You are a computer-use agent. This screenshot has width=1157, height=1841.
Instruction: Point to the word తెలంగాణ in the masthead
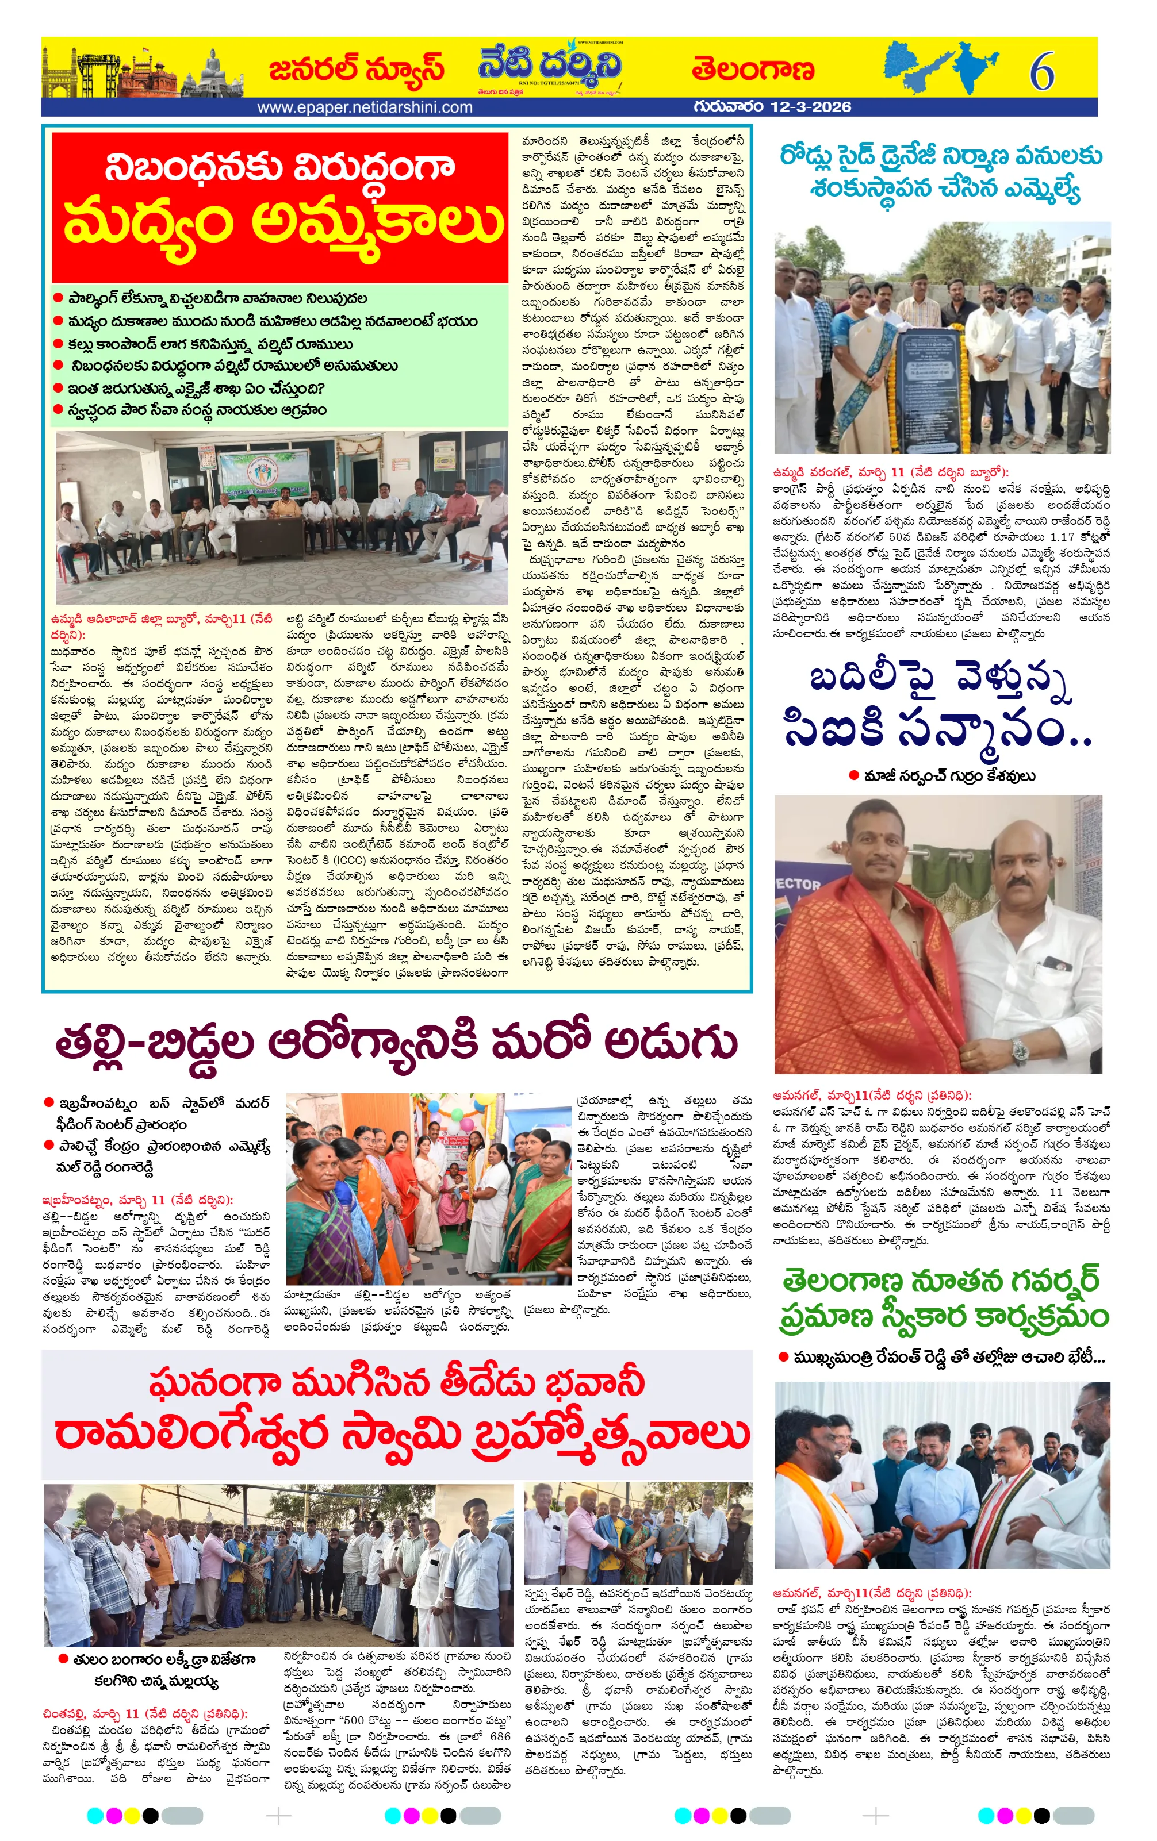coord(753,70)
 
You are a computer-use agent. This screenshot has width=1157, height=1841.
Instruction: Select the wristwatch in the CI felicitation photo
coord(1020,1051)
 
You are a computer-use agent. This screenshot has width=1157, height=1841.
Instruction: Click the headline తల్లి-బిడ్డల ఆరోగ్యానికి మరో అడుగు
coord(396,1042)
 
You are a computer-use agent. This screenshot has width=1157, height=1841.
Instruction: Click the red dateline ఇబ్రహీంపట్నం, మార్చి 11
coord(137,1200)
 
